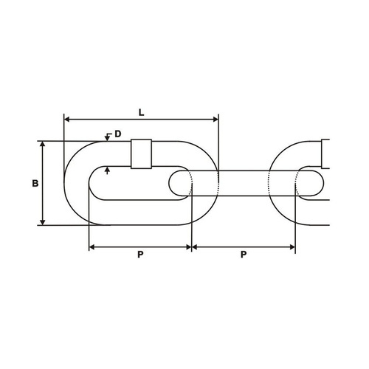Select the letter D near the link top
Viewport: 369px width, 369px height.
point(117,134)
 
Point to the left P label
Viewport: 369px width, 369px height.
point(139,256)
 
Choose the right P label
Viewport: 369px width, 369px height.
point(243,256)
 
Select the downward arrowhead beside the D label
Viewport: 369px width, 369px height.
point(108,138)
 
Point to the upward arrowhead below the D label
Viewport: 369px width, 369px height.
point(108,169)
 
